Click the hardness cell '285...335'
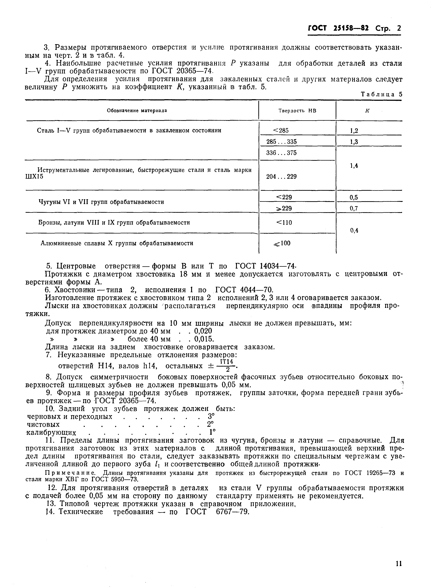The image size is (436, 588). tap(281, 142)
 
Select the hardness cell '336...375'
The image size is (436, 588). tap(281, 153)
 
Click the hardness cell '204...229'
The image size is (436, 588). tap(281, 176)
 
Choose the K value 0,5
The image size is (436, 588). tap(354, 197)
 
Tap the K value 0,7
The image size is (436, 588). tap(354, 209)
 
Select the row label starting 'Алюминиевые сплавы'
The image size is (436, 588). tap(117, 243)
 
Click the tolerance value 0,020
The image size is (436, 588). tap(203, 331)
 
